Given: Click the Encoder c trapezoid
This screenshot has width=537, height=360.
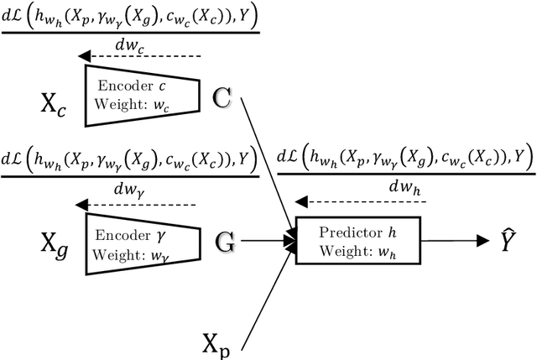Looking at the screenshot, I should pyautogui.click(x=142, y=91).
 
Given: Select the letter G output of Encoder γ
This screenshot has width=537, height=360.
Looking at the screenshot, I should pyautogui.click(x=225, y=243).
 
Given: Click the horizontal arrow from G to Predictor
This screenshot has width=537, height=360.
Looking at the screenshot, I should pyautogui.click(x=268, y=241).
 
